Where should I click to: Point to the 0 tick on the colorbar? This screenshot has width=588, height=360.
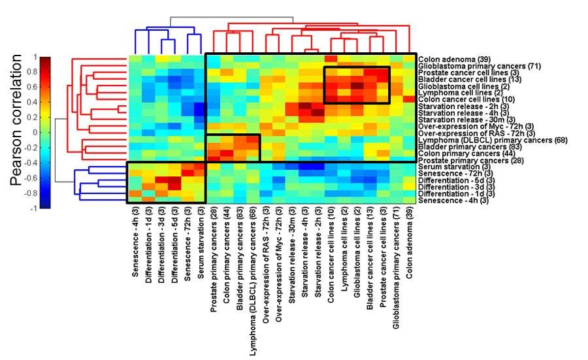pos(34,133)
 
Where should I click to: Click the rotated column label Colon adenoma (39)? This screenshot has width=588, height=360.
pos(408,244)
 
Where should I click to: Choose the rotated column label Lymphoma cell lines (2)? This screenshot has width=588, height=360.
pos(344,249)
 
